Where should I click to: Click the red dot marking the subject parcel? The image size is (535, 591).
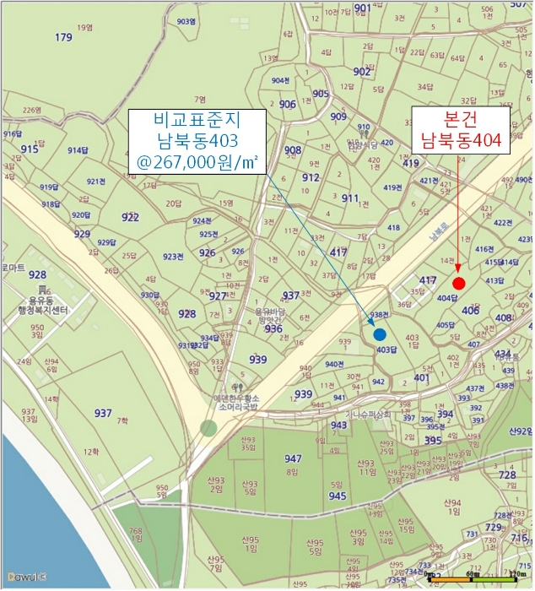click(458, 283)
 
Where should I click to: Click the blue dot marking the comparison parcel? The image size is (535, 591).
click(380, 334)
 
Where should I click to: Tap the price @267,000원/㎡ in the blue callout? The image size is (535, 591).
click(197, 160)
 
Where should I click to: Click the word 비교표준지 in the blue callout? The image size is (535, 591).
click(197, 118)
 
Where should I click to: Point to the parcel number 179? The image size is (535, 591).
click(63, 37)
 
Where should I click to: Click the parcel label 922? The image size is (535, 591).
click(130, 217)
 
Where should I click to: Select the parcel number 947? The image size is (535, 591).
click(293, 458)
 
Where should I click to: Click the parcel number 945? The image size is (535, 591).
click(337, 496)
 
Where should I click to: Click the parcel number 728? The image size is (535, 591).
click(507, 476)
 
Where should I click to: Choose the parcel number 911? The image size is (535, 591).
click(350, 198)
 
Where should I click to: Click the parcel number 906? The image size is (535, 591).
click(288, 104)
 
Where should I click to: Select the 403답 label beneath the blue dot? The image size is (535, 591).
click(386, 350)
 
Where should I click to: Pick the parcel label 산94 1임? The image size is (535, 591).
click(453, 507)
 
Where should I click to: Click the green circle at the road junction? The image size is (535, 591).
click(208, 427)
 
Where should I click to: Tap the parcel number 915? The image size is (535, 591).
click(30, 149)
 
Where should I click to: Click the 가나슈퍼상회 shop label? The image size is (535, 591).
click(370, 414)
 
